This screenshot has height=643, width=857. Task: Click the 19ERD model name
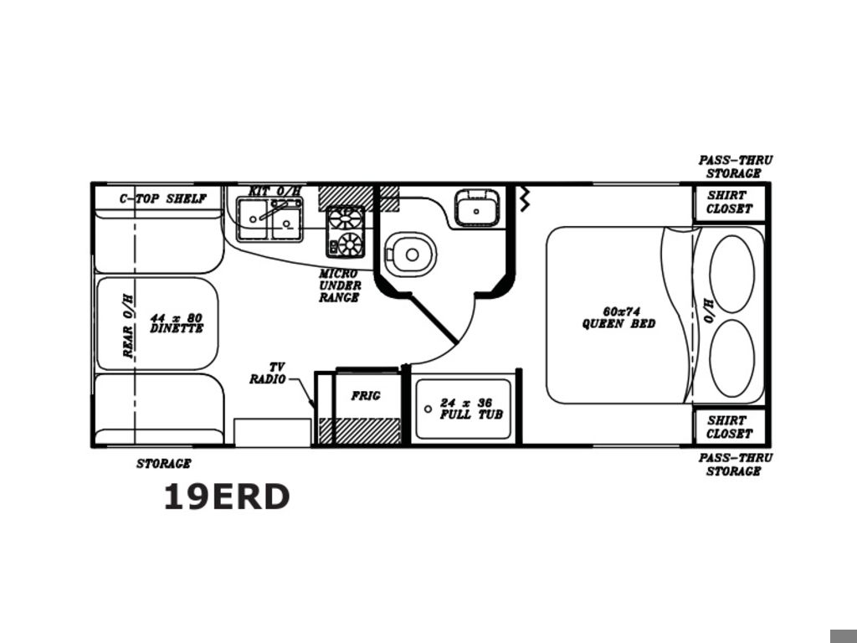point(226,496)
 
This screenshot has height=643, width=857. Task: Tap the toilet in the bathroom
point(410,255)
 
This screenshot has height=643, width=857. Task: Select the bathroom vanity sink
point(476,208)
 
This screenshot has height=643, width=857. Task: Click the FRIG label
point(366,395)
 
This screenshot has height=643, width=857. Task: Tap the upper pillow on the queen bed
point(731,274)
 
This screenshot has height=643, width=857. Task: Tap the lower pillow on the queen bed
point(731,358)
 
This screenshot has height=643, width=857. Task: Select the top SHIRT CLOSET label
point(729,202)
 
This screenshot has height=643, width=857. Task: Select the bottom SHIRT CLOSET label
point(729,427)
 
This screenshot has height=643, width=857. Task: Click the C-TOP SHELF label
point(163,198)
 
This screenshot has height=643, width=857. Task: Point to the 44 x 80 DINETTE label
point(177,323)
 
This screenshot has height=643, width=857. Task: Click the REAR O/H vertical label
point(128,326)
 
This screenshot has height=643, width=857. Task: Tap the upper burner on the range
point(345,219)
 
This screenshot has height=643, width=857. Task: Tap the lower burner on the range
point(350,244)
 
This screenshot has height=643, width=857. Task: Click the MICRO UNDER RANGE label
point(340,285)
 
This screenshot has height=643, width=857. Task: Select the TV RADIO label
point(268,373)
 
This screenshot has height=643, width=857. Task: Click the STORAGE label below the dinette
point(163,464)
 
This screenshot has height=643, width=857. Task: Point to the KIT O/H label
point(275,192)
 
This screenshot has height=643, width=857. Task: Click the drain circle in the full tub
point(428,409)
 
